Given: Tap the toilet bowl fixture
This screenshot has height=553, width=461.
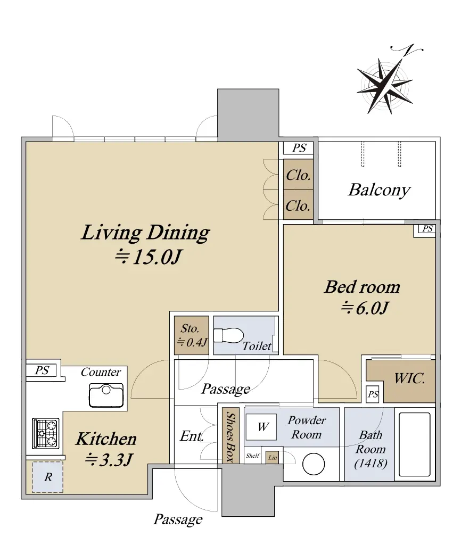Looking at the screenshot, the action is coord(228,335).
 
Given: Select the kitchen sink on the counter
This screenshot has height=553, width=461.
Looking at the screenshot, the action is coord(106,395).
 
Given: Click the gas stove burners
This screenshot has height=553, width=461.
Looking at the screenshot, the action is coord(45,433).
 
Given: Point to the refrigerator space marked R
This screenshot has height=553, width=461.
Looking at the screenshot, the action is coord(47,477).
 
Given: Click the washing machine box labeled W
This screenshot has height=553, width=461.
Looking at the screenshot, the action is coord(261,427).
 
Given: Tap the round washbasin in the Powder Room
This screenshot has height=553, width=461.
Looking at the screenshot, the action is coord(314,464).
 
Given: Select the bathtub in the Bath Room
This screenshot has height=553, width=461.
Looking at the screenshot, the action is coord(415,444).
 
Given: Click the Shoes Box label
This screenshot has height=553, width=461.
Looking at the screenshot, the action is coord(230,436).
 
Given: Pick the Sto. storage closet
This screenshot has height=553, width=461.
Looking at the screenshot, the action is coord(192,335).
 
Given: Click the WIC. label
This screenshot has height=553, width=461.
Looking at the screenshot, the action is coord(409,378).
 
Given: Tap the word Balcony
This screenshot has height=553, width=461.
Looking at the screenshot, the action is coord(379,190).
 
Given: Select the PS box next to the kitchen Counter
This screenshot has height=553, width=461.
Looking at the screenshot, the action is coord(42,370).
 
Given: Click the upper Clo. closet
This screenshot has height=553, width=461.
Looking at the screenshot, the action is coord(298,174).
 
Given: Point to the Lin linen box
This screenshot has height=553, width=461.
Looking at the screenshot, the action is coord(273,457).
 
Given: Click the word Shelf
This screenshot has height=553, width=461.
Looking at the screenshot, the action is coord(252,456).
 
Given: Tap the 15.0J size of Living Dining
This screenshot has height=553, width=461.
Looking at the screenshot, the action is coord(148,257).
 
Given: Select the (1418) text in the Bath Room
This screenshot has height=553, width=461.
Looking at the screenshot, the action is coord(371,463).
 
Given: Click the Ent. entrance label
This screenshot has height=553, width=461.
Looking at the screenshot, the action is coord(192,436).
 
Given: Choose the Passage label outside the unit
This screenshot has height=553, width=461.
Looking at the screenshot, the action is coord(178,519).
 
